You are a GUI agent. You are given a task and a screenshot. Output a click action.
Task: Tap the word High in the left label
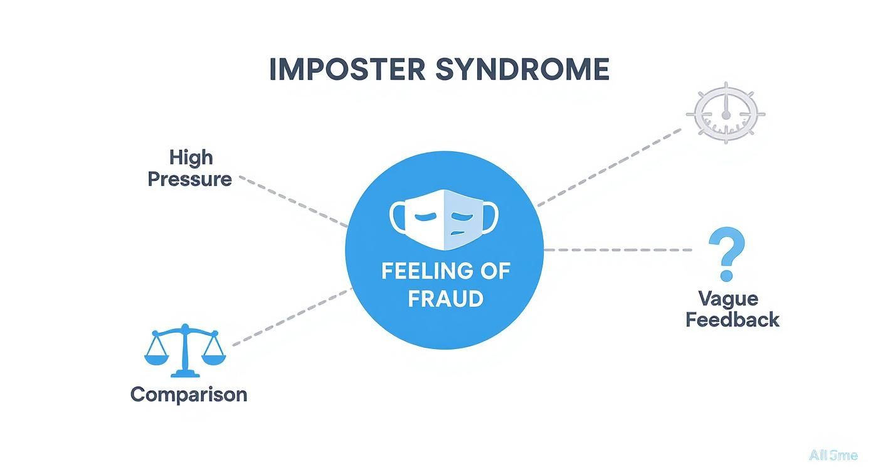[x=191, y=157]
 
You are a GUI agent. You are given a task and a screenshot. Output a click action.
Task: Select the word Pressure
[x=190, y=179]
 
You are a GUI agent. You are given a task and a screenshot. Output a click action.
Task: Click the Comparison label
[x=189, y=394]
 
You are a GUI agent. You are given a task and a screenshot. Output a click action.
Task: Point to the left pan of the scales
[x=156, y=359]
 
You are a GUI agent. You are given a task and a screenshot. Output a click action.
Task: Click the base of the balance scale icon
[x=184, y=373]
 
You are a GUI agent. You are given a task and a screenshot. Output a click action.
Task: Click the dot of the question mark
[x=727, y=275]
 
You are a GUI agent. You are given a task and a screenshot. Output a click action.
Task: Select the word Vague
[x=727, y=298]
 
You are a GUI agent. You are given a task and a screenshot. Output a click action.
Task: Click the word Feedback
[x=732, y=319]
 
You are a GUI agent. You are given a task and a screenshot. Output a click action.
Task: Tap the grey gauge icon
[x=726, y=113]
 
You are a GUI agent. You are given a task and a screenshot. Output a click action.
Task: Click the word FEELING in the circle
[x=418, y=271]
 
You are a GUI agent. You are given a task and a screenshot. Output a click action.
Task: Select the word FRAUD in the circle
[x=445, y=298]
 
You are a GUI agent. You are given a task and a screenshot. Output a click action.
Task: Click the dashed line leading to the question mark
[x=618, y=250]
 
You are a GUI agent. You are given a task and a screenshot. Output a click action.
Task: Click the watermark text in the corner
[x=832, y=456]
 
